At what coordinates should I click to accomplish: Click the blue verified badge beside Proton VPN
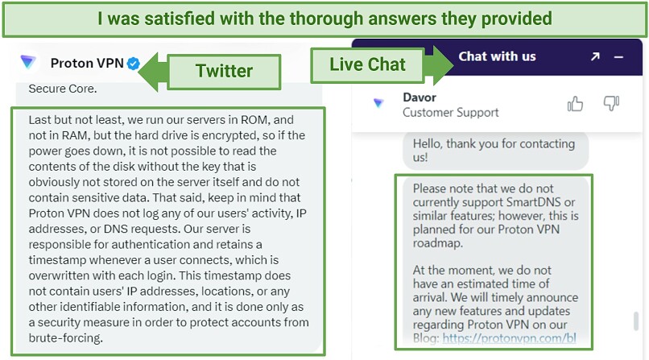134,64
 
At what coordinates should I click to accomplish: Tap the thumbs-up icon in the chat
575,104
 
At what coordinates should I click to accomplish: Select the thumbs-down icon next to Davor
611,103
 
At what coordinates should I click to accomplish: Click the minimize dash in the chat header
618,57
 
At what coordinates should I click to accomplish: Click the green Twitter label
224,71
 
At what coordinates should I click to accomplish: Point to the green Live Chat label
367,64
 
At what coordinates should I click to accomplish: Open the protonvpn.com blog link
509,338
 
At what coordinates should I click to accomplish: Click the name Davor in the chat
420,97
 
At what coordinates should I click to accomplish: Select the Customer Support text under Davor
451,113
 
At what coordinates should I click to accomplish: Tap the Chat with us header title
497,56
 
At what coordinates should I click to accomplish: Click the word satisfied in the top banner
180,19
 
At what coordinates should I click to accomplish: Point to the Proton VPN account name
87,63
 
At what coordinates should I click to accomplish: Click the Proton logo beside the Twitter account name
28,62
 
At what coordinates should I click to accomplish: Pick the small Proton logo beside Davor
378,103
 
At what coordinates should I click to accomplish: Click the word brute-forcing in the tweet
65,338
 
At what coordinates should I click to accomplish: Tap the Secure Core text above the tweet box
63,89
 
